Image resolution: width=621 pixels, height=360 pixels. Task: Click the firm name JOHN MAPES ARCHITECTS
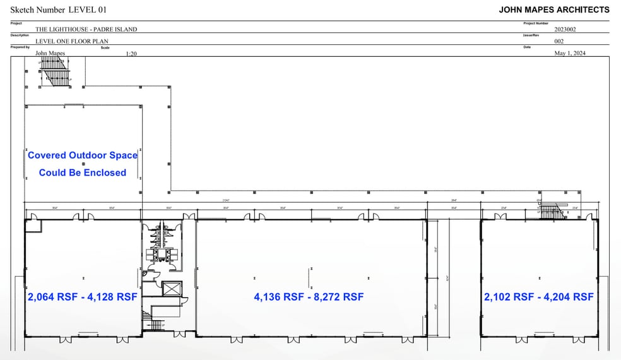(x=554, y=9)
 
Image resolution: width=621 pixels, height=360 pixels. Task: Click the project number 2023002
(x=565, y=29)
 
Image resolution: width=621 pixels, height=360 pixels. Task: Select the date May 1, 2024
(x=570, y=54)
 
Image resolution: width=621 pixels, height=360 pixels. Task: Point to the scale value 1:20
(x=131, y=54)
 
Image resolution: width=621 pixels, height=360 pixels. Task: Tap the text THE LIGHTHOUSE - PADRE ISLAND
(x=86, y=29)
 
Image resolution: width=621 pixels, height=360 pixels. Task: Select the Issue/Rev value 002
(x=559, y=41)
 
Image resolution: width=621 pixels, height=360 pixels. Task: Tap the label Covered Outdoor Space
(x=83, y=155)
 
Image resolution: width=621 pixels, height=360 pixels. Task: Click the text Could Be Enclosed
(x=83, y=172)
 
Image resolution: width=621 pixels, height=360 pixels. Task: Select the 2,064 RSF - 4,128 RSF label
(x=82, y=297)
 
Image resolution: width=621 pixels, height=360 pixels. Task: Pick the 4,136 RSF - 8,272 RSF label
(x=309, y=297)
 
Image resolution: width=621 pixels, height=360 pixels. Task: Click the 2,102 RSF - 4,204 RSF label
(x=539, y=297)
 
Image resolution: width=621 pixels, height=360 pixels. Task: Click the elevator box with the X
(x=171, y=290)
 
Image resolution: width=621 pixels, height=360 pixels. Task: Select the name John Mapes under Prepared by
(x=49, y=54)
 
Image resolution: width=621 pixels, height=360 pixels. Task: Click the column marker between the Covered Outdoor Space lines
(x=83, y=164)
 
